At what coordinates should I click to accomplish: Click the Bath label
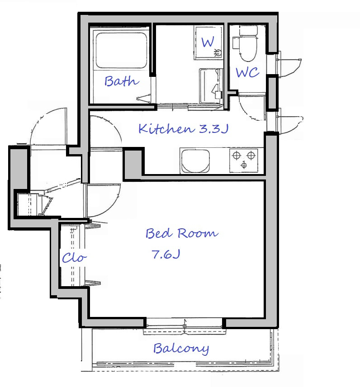pos(122,81)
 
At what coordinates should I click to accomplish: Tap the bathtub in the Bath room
pos(121,50)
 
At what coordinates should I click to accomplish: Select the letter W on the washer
pos(208,42)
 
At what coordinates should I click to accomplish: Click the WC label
pos(247,72)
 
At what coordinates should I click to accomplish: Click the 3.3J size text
pos(213,129)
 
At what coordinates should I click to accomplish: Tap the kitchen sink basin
pos(195,161)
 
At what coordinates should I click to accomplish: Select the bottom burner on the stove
pos(244,165)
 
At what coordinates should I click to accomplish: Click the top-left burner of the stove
pos(237,156)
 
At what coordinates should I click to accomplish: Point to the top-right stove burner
pos(251,156)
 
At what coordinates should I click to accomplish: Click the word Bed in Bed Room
pos(159,233)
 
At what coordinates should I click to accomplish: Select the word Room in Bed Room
pos(198,233)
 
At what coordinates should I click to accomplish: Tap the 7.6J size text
pos(166,254)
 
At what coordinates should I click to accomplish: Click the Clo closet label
pos(74,258)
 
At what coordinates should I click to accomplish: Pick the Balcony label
pos(181,349)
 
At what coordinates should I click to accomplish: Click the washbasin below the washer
pos(210,86)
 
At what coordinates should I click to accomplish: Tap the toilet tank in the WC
pos(248,31)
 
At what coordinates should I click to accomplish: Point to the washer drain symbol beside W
pos(218,52)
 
